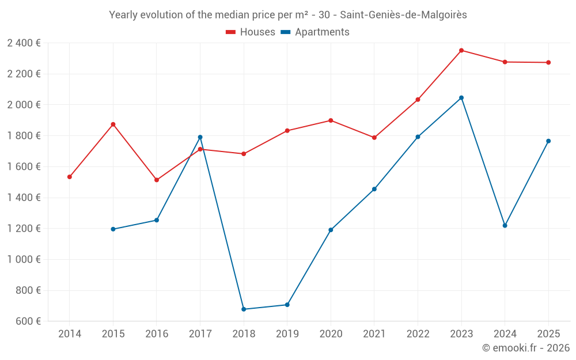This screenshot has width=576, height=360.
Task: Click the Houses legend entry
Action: click(251, 32)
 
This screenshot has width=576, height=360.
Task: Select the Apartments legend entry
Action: click(315, 32)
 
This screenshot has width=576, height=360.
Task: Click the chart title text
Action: click(288, 15)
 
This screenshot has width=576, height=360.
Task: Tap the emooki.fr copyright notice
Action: click(526, 348)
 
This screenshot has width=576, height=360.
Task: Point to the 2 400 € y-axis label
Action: click(24, 43)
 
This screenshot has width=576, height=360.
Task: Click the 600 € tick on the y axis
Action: click(28, 321)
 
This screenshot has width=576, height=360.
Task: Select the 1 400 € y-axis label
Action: click(24, 198)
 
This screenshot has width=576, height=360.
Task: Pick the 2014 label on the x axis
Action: click(70, 334)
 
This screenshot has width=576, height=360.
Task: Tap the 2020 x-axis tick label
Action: click(331, 334)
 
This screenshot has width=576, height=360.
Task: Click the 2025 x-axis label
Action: click(548, 334)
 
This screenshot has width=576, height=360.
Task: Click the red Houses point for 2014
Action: click(70, 177)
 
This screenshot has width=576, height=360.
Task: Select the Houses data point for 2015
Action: click(113, 124)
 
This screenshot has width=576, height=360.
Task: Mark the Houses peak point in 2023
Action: click(461, 50)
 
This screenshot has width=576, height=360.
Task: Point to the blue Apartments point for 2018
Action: click(244, 309)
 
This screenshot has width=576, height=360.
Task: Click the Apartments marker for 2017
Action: click(200, 137)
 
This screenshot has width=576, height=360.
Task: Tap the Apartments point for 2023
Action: click(461, 98)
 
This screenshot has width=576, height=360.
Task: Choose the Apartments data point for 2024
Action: click(505, 226)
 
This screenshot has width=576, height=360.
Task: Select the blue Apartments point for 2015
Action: click(113, 229)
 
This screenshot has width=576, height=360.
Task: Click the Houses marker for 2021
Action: click(374, 138)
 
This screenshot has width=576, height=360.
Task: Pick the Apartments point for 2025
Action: click(548, 141)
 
